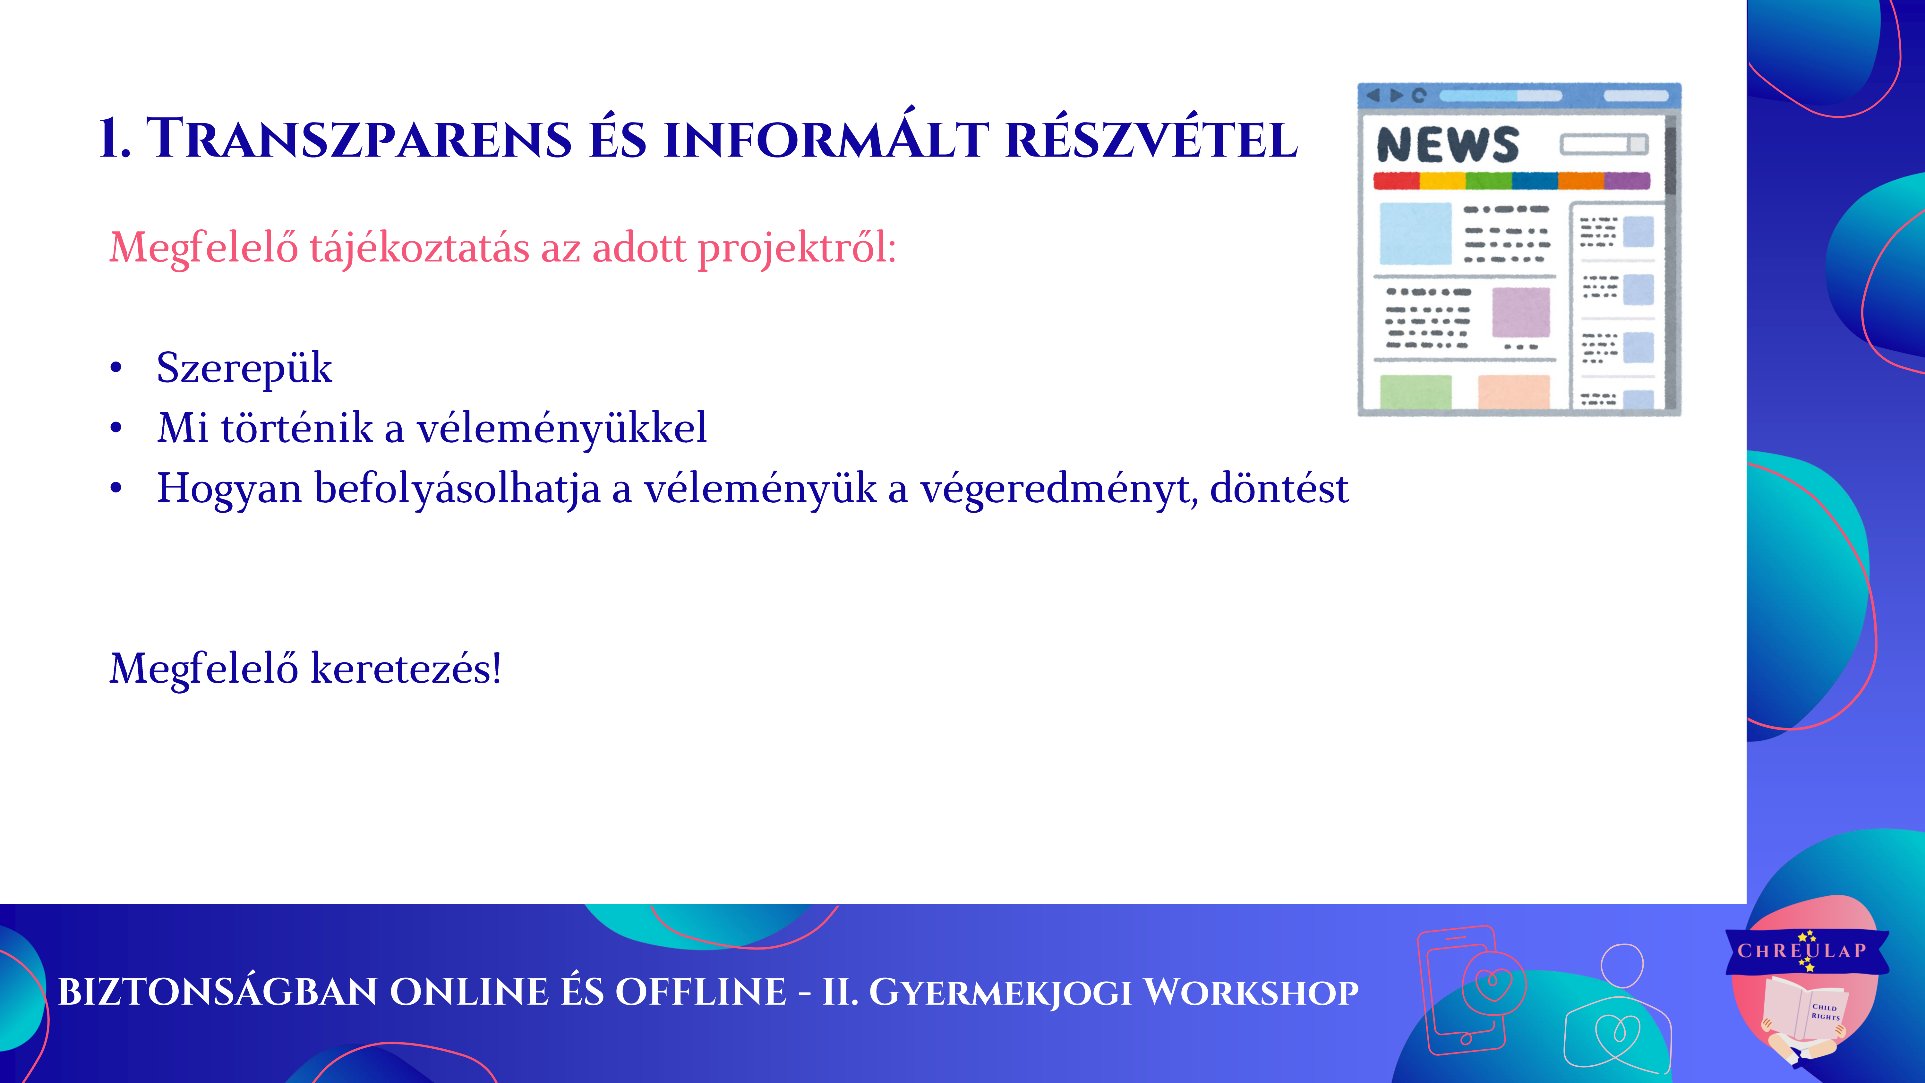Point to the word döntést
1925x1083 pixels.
click(x=1279, y=489)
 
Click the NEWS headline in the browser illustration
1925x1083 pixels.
click(x=1448, y=144)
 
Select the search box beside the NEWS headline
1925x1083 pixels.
click(x=1604, y=144)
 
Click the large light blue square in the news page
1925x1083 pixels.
click(x=1415, y=233)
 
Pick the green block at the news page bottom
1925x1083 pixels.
click(x=1415, y=392)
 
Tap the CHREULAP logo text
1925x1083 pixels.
click(x=1802, y=951)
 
